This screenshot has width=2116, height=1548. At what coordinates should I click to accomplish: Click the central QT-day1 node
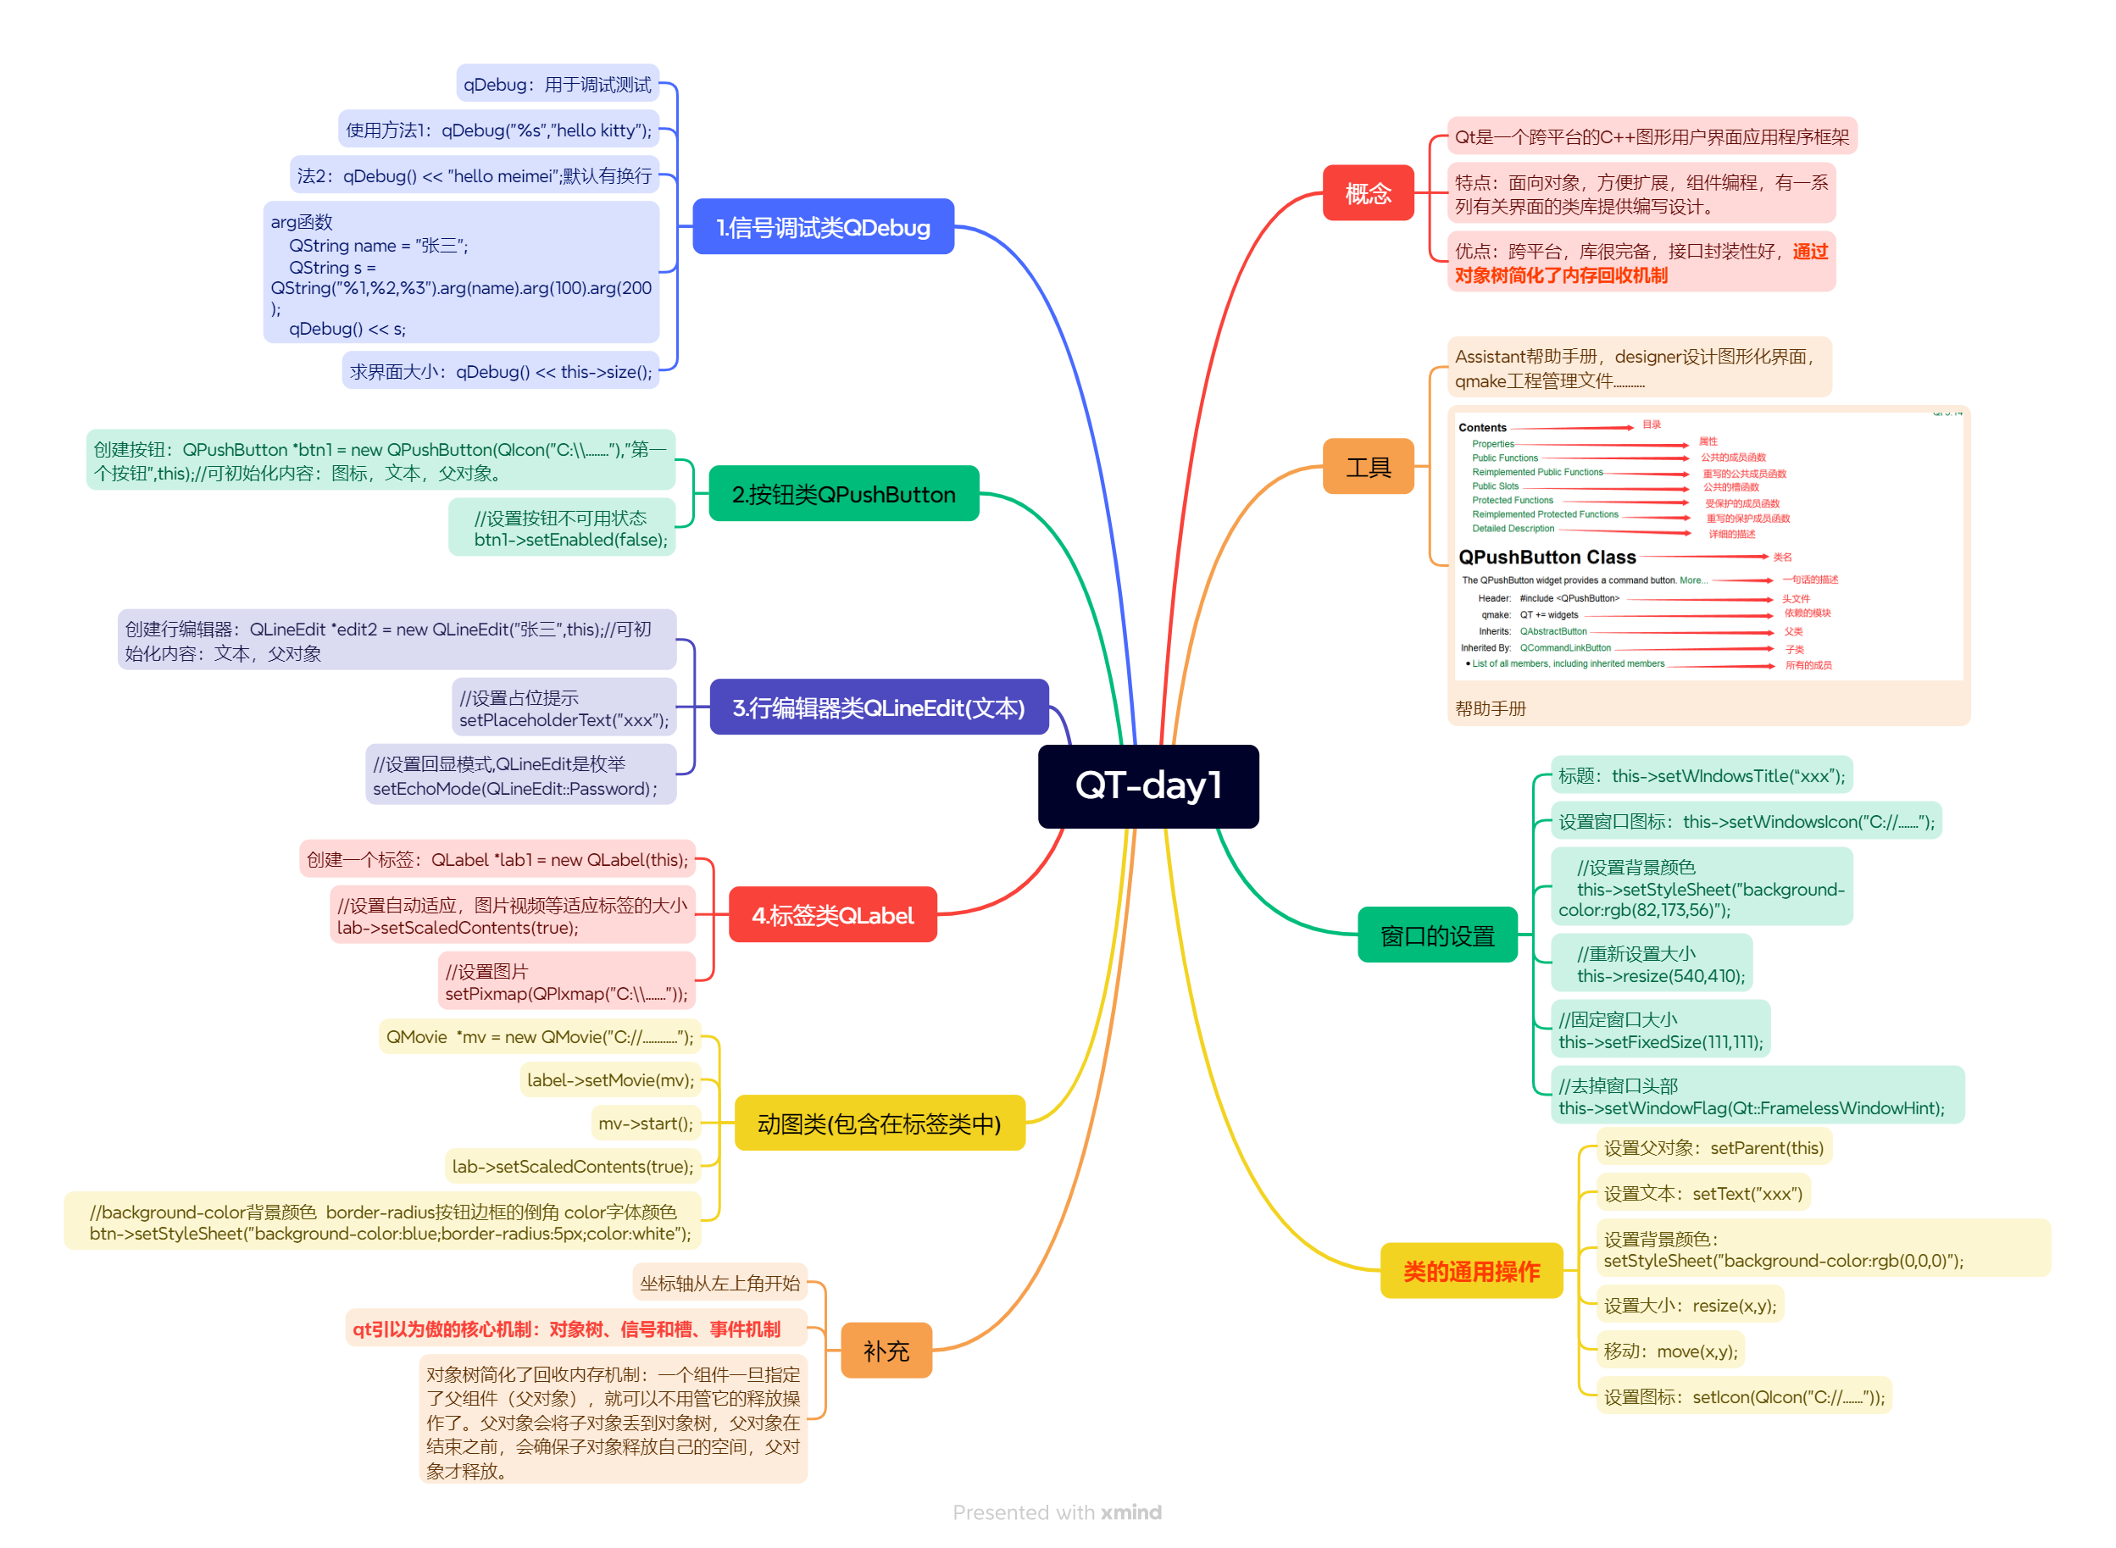pos(1148,786)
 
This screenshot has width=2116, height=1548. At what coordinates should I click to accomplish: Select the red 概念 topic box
pos(1367,193)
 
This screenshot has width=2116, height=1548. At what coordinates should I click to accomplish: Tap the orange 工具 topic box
pos(1367,467)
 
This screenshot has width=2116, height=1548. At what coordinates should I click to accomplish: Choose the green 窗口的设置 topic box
pos(1436,935)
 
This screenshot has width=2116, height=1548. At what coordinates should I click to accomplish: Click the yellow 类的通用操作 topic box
pos(1471,1271)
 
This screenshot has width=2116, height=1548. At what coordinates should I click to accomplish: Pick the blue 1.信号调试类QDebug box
pos(823,227)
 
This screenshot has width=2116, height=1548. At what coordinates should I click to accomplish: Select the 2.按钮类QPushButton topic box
pos(843,494)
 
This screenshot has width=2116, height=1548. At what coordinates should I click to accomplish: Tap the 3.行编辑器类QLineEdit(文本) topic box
pos(878,707)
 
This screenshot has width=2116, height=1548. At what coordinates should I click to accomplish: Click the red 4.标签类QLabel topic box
pos(832,914)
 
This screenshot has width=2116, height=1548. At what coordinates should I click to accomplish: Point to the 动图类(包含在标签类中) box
pos(879,1123)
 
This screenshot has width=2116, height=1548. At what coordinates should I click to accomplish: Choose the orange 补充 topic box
pos(886,1351)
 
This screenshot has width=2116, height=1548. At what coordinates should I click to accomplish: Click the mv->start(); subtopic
pos(646,1123)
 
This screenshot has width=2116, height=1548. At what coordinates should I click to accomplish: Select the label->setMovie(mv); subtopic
pos(610,1079)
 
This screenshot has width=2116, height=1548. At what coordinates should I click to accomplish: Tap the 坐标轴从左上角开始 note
pos(719,1283)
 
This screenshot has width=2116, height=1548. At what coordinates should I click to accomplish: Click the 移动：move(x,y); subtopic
pos(1670,1351)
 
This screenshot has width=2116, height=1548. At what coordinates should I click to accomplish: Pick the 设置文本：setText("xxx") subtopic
pos(1702,1193)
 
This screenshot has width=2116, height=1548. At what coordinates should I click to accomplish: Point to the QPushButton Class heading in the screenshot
pos(1547,557)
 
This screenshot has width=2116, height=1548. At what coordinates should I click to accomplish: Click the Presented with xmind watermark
pos(1057,1512)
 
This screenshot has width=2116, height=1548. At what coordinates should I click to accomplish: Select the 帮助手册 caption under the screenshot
pos(1490,708)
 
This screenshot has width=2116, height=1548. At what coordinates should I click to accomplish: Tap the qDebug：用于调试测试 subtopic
pos(557,85)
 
